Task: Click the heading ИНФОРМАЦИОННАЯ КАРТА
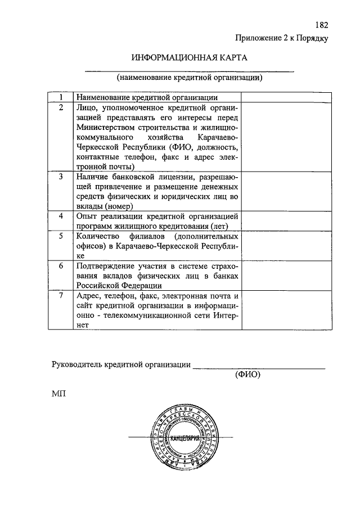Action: click(189, 58)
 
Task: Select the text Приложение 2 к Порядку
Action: click(281, 38)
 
